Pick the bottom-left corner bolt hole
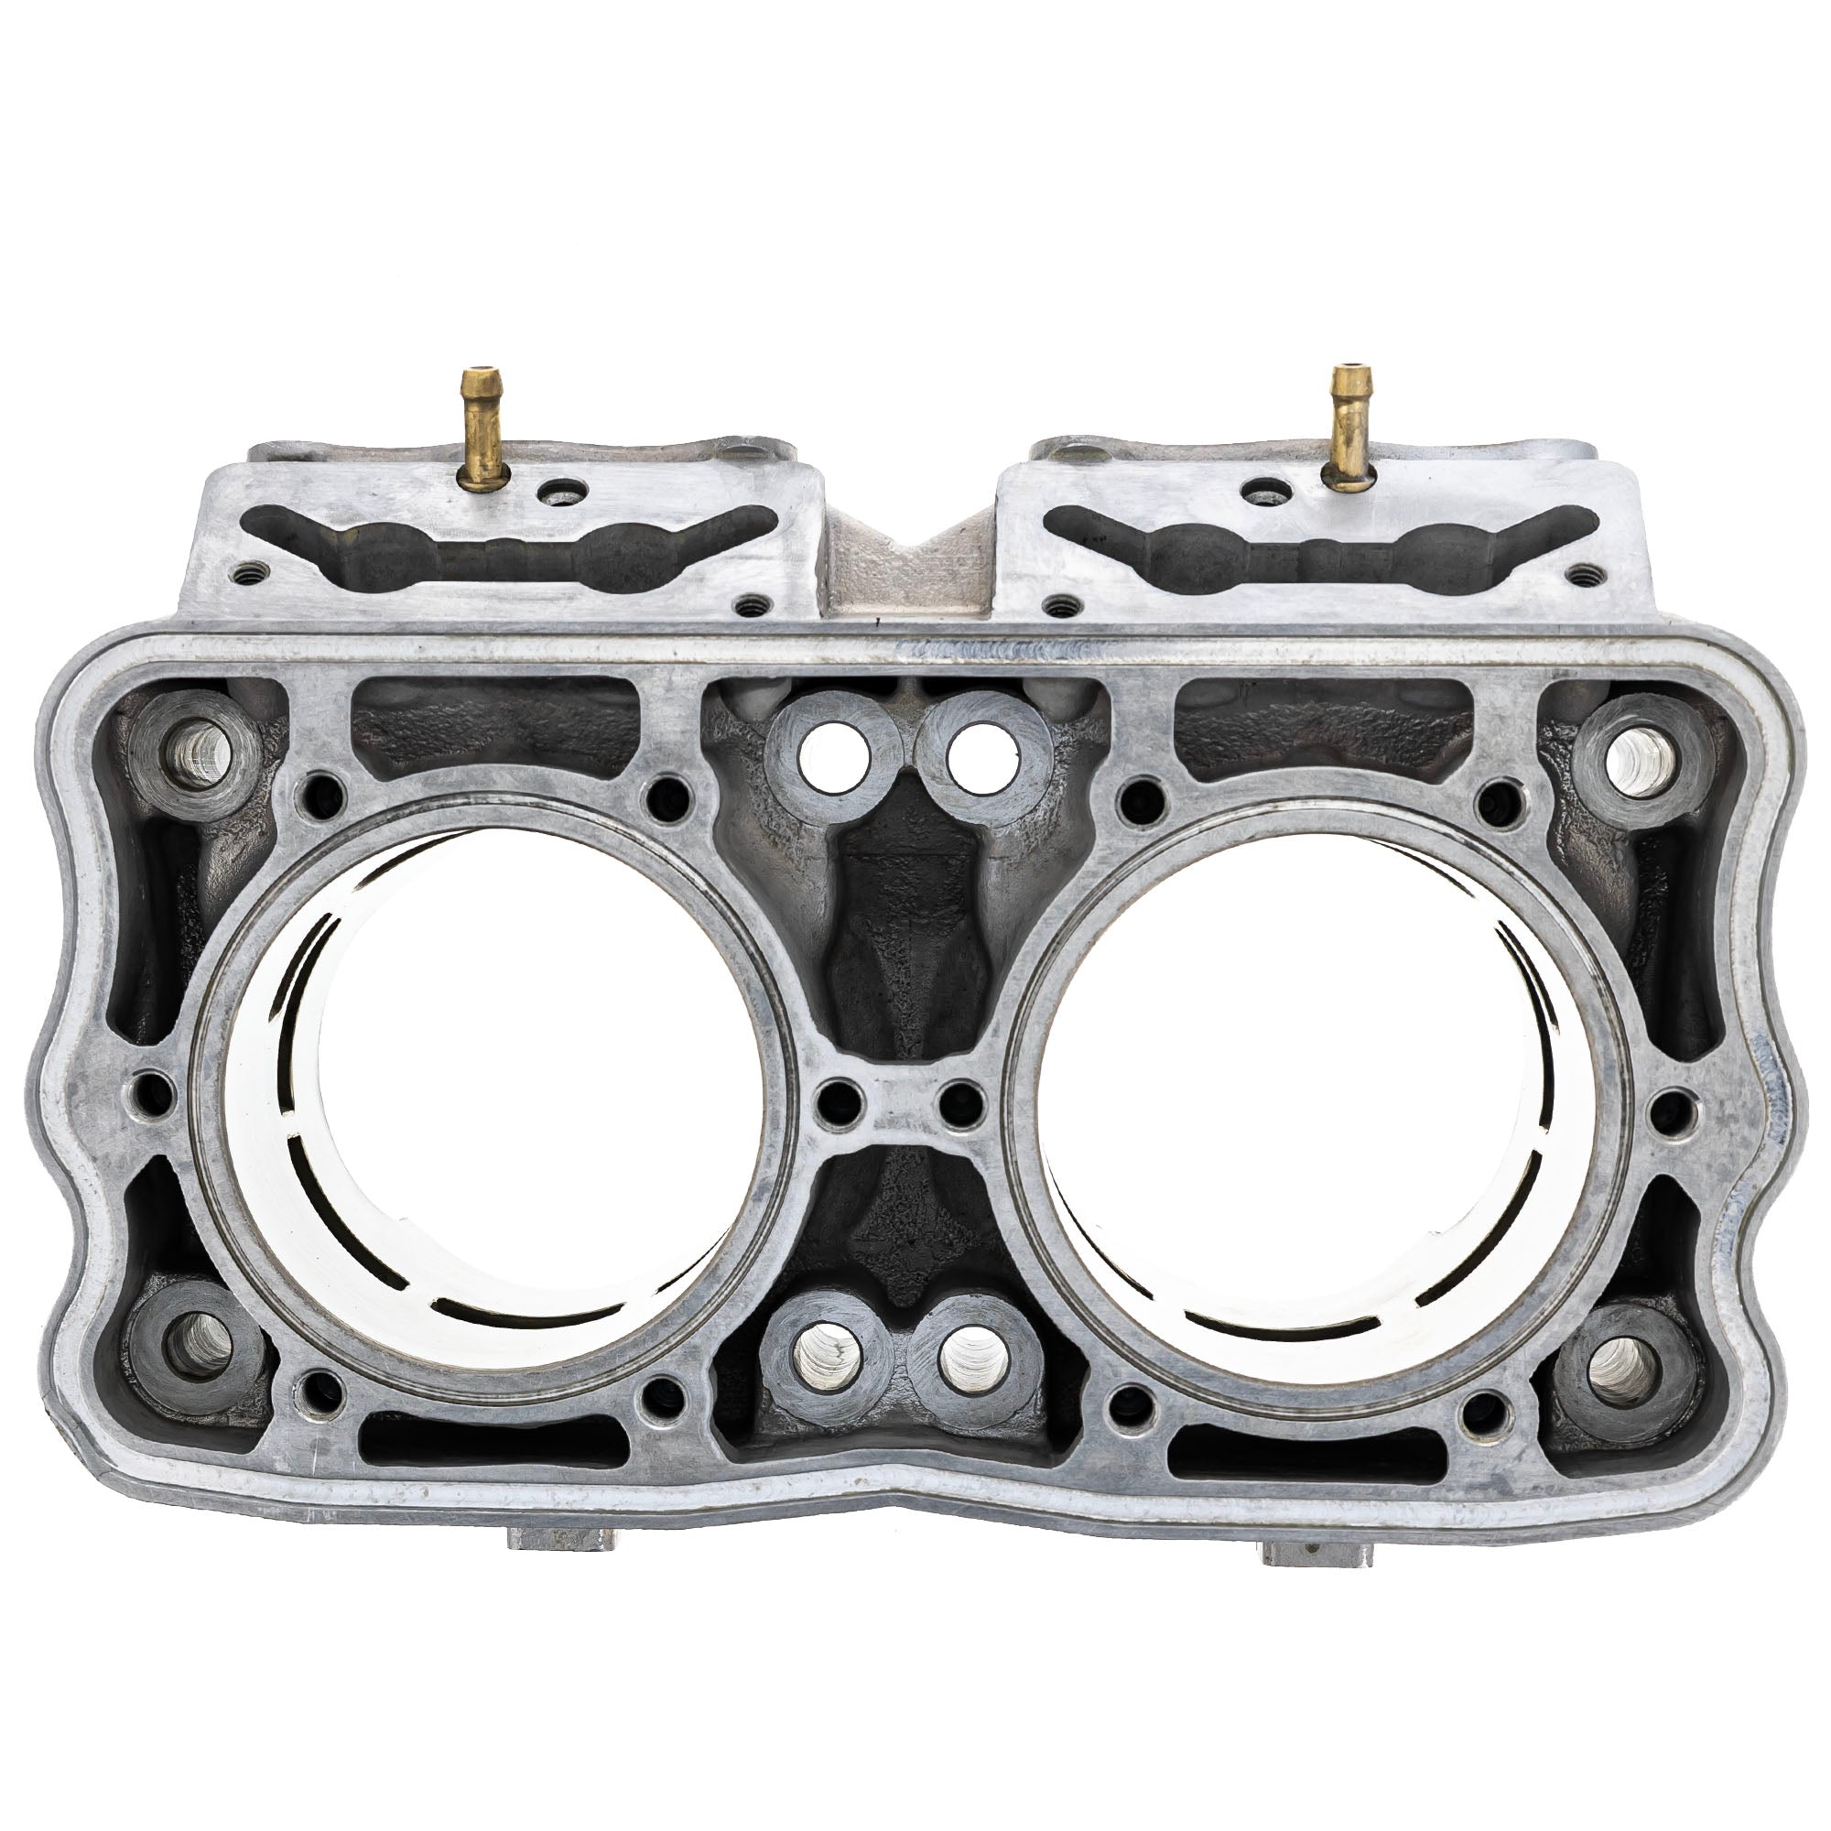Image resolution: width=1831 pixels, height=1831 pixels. point(199,1346)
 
